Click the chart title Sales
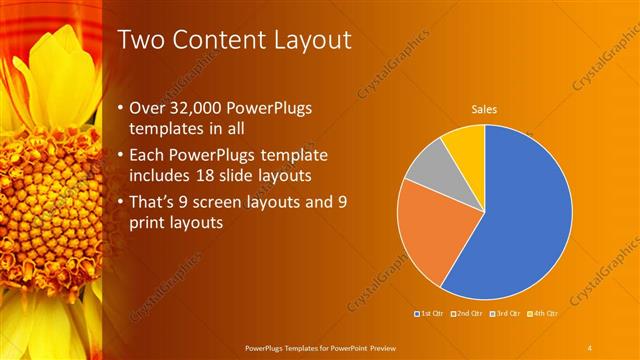tap(485, 110)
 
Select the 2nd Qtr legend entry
tap(467, 314)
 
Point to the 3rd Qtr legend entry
tap(505, 314)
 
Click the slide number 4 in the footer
tap(590, 347)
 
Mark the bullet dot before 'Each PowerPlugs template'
tap(120, 156)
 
